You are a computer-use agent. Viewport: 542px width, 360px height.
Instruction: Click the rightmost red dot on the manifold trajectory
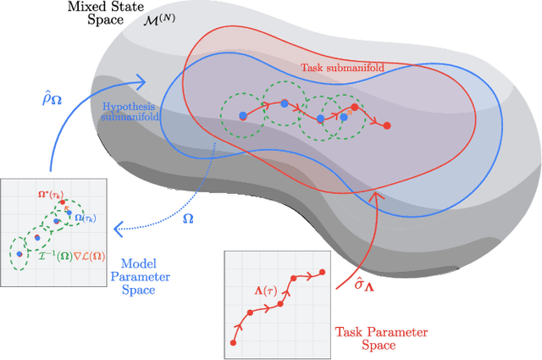(x=387, y=125)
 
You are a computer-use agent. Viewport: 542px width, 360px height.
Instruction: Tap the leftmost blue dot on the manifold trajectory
(x=242, y=114)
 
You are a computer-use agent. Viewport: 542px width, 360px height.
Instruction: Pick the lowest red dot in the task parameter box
(x=233, y=342)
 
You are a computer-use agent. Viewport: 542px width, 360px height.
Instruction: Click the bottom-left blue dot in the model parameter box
(x=18, y=252)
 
